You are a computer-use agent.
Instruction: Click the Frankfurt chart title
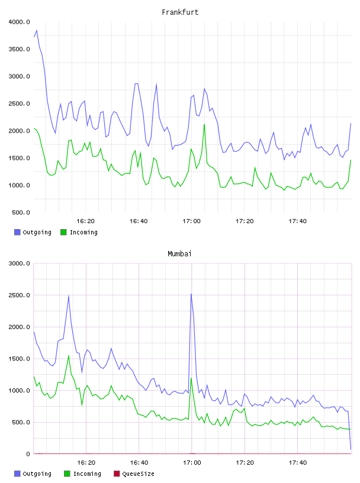[x=180, y=12]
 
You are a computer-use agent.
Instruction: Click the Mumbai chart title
[x=179, y=254]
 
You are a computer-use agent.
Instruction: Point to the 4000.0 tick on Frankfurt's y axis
[x=19, y=22]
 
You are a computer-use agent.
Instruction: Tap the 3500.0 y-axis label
[x=19, y=49]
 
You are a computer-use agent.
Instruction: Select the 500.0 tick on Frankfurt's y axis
[x=21, y=212]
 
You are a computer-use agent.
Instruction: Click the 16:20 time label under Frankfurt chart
[x=85, y=221]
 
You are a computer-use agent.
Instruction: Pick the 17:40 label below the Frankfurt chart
[x=297, y=221]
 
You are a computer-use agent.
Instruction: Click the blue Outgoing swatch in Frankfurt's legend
[x=17, y=232]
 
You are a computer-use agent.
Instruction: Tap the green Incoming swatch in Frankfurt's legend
[x=63, y=232]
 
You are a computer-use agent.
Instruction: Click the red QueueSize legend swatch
[x=117, y=474]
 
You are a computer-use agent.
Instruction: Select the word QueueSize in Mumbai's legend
[x=138, y=474]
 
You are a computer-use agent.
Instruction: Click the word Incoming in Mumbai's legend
[x=87, y=474]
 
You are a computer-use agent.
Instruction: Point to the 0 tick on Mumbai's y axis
[x=28, y=454]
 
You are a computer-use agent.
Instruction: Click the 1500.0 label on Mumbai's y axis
[x=19, y=359]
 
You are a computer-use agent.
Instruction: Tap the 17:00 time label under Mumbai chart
[x=192, y=463]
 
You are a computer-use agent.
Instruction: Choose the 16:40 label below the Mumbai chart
[x=139, y=463]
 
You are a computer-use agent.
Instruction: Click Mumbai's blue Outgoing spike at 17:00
[x=191, y=294]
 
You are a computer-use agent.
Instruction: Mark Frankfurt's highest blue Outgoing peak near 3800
[x=37, y=31]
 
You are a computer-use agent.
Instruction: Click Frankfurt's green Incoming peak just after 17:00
[x=204, y=125]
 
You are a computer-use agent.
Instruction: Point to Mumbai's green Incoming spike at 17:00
[x=191, y=378]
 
